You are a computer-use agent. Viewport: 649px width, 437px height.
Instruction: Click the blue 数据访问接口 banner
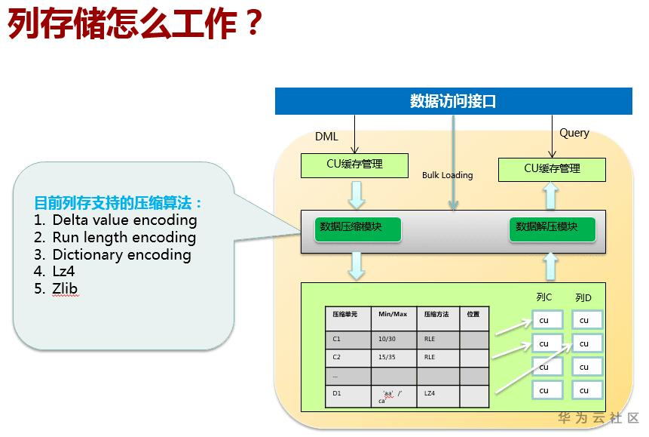coord(453,100)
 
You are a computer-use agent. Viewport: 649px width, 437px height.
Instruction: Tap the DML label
coord(326,137)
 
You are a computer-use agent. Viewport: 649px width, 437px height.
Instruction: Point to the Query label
coord(574,133)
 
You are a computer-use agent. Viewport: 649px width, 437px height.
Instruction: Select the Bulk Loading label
coord(448,175)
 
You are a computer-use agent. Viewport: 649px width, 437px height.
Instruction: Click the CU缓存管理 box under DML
coord(354,165)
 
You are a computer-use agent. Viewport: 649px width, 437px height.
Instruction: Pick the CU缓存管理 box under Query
coord(552,170)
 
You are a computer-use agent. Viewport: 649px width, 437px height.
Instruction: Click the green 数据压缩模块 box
coord(358,229)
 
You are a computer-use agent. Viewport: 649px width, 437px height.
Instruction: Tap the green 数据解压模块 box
coord(553,229)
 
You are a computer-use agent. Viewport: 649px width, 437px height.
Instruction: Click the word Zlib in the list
coord(65,288)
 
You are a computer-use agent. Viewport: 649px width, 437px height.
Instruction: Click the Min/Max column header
coord(393,314)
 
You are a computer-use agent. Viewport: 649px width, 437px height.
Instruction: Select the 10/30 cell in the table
coord(387,339)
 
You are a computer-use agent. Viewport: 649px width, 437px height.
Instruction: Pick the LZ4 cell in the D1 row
coord(430,393)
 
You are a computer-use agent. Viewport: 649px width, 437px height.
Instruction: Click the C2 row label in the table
coord(336,357)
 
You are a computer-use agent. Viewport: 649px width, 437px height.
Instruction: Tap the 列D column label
coord(583,297)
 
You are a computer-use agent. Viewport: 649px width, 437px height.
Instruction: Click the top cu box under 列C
coord(546,320)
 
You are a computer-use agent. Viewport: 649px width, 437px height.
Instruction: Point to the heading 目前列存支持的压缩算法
coord(118,203)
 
